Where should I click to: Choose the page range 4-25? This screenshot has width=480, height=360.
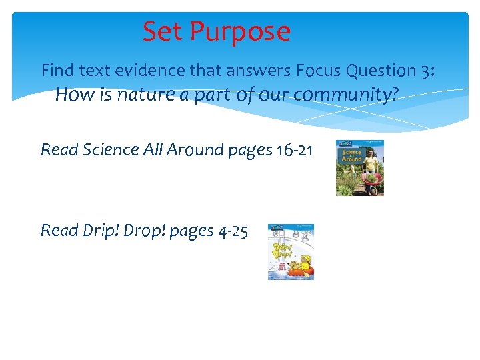click(x=233, y=231)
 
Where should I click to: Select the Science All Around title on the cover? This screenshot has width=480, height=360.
click(x=351, y=156)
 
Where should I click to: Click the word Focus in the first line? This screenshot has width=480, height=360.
click(x=317, y=70)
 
